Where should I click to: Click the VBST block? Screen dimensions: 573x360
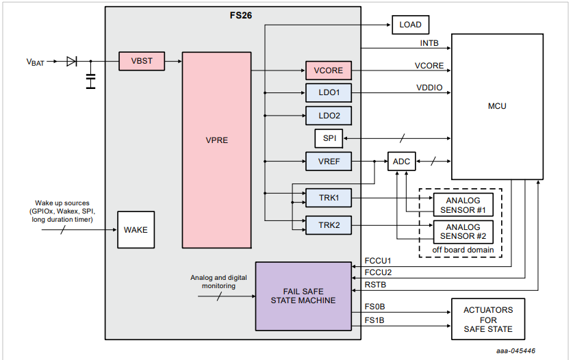click(142, 61)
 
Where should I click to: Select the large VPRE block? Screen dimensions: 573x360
click(217, 150)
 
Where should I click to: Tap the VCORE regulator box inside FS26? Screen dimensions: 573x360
click(329, 70)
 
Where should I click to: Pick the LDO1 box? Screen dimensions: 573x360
click(329, 93)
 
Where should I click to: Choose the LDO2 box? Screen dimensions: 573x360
click(329, 116)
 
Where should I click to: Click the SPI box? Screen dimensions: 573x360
click(329, 138)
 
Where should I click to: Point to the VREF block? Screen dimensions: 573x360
click(329, 162)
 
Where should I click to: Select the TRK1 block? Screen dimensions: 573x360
click(329, 198)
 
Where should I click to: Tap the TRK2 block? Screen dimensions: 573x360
click(329, 225)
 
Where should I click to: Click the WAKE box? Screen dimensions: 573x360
click(136, 230)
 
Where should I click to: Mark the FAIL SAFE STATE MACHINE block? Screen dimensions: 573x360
click(303, 296)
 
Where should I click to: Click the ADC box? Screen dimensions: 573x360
click(402, 162)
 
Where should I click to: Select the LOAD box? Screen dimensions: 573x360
click(410, 25)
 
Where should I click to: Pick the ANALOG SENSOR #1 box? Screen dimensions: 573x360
click(463, 205)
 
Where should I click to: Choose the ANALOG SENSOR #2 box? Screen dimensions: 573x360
click(463, 232)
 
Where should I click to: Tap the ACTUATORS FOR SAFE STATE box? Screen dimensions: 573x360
click(488, 319)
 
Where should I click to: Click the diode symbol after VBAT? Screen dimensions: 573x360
click(72, 62)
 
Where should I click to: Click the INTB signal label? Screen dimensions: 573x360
click(429, 43)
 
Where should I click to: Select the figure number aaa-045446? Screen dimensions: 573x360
click(515, 351)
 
